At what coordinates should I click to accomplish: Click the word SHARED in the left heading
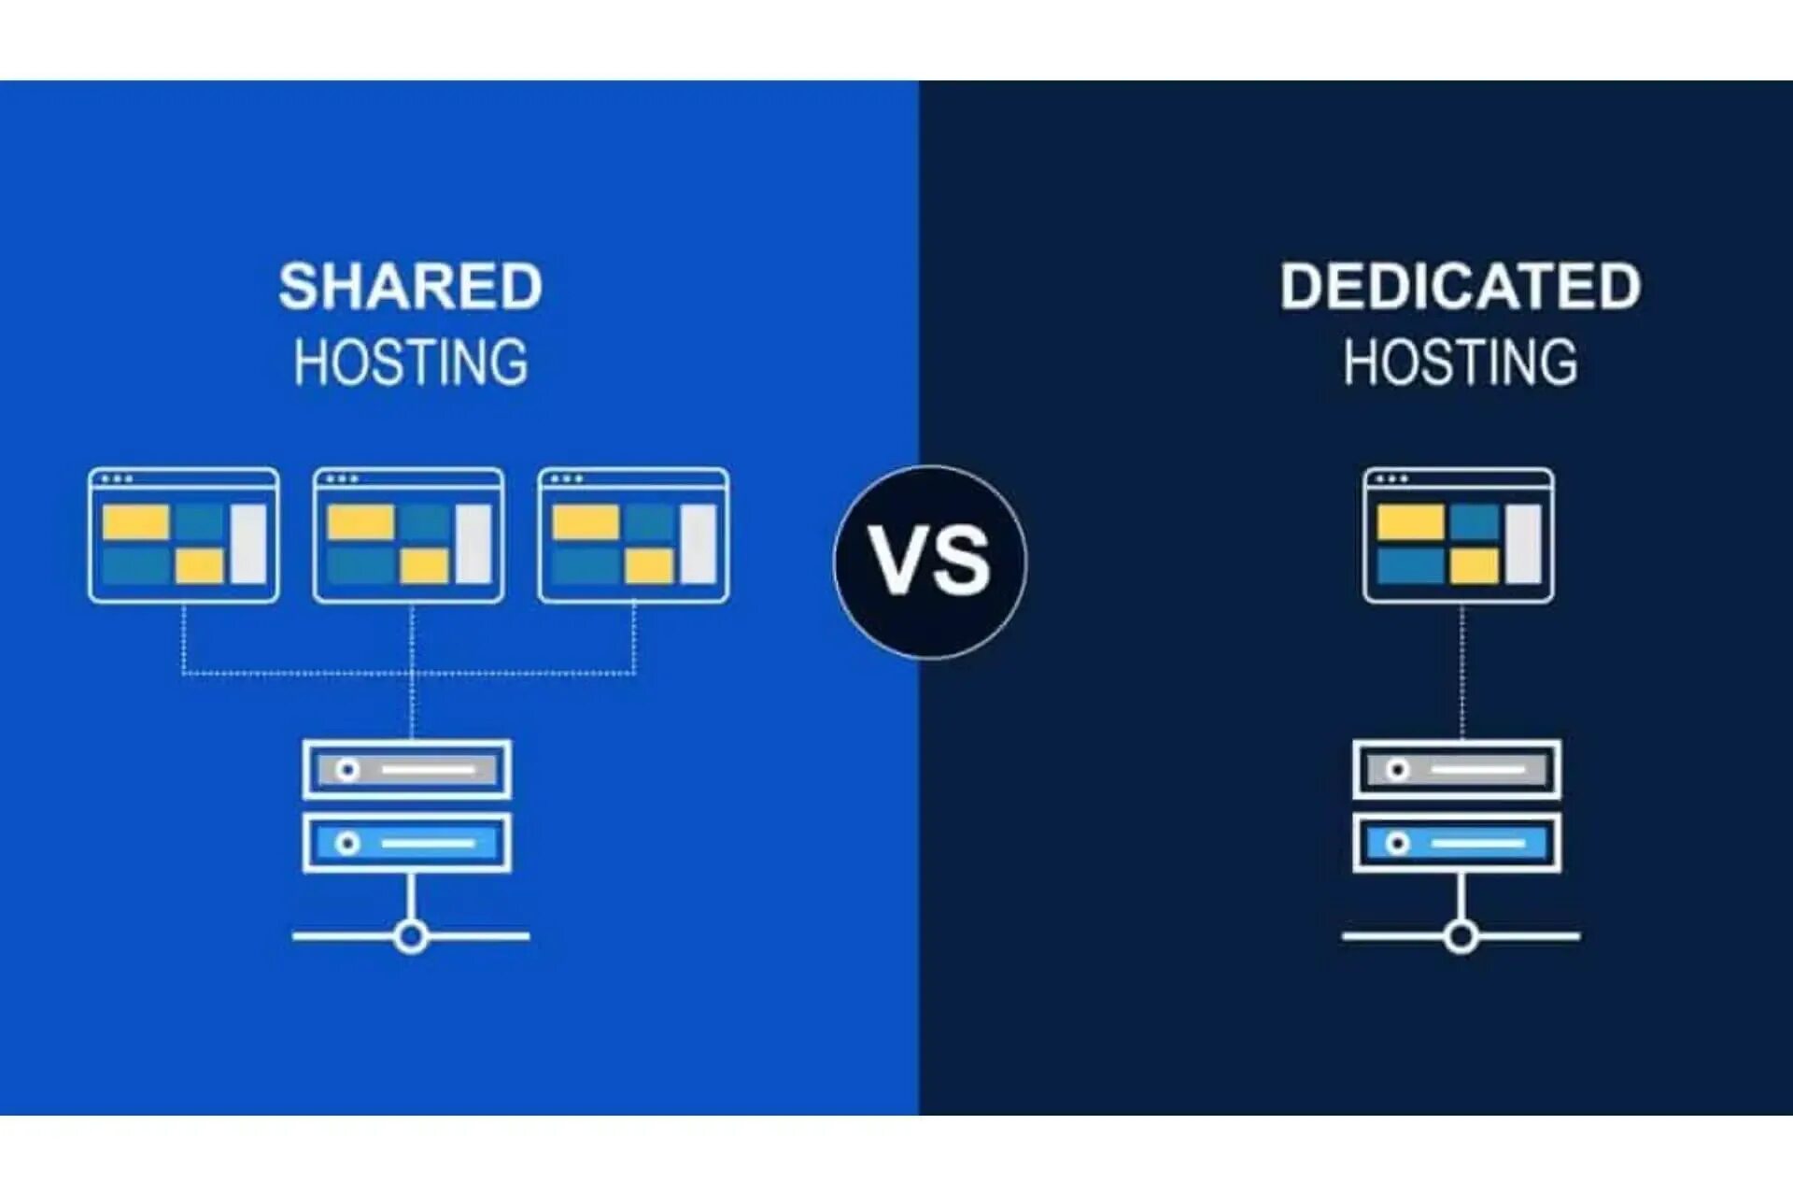410,286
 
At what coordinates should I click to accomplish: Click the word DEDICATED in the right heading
1460,286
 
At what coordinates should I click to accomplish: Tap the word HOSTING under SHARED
410,363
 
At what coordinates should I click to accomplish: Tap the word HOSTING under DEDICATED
1460,363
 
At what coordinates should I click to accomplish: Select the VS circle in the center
930,562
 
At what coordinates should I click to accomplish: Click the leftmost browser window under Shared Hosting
184,535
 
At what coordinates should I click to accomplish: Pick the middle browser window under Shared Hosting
409,535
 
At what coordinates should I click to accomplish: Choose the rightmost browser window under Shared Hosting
634,535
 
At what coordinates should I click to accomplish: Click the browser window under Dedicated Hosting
1459,535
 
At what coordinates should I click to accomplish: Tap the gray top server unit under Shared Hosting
407,770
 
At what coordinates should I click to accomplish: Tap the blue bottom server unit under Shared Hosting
407,844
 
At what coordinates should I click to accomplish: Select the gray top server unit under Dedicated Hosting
1457,770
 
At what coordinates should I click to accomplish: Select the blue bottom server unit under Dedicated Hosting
1457,844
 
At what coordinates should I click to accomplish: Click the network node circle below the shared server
411,935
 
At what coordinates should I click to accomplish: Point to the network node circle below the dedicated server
1461,935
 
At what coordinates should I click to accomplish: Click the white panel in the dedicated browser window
1522,543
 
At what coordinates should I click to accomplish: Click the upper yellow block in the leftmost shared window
135,522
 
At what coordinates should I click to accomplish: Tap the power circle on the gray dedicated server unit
1397,770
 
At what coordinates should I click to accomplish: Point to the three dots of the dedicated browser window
1391,479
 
